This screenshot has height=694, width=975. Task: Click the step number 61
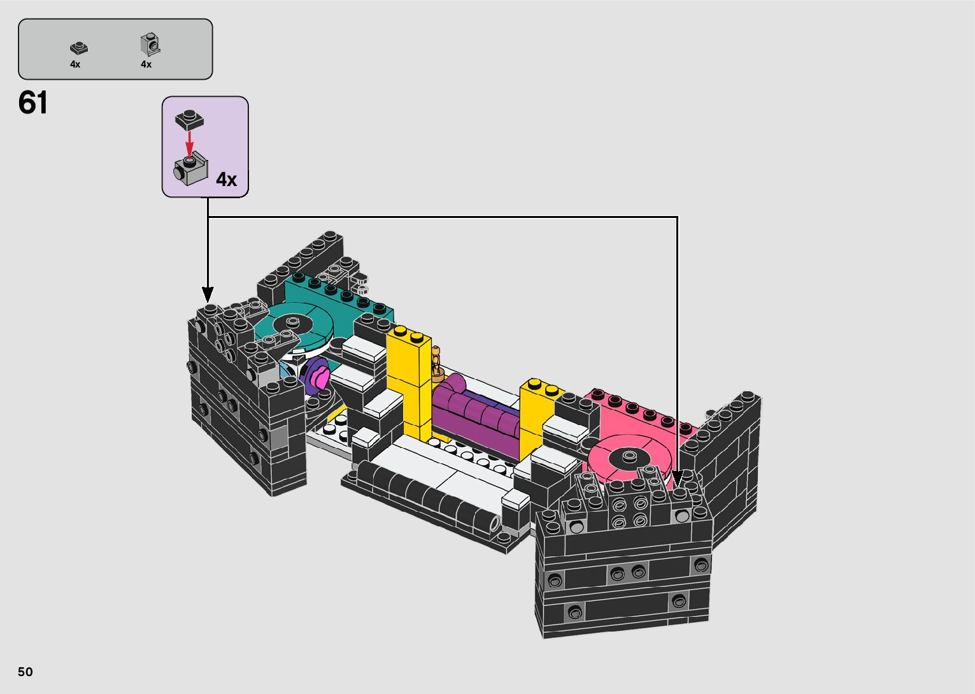click(33, 103)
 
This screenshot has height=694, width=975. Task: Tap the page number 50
click(25, 671)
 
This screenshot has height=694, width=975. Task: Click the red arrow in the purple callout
click(189, 143)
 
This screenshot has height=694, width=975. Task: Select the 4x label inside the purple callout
click(226, 179)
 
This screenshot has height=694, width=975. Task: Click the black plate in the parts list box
click(79, 48)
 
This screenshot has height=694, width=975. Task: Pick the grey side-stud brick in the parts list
click(150, 45)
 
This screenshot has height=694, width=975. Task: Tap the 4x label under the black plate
click(75, 64)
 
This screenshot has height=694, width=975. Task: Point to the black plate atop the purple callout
click(189, 120)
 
